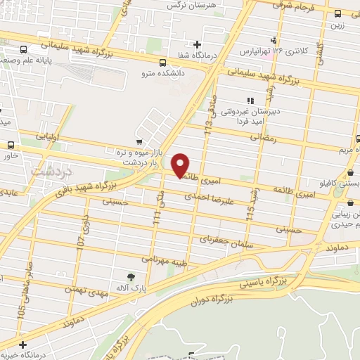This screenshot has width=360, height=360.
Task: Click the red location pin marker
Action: point(181,165)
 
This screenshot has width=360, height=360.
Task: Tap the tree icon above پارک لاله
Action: point(130,277)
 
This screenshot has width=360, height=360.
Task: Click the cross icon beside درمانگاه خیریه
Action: point(23,345)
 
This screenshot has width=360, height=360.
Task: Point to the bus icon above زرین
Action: point(338,13)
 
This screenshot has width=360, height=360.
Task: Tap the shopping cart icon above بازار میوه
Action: point(139,141)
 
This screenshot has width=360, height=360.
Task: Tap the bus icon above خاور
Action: point(11,144)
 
